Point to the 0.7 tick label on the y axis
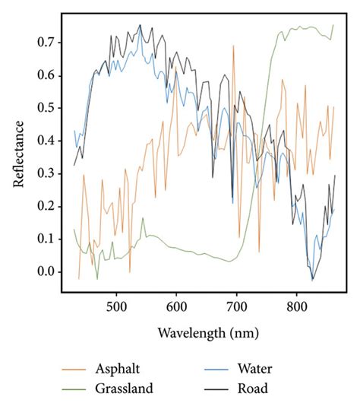(45, 43)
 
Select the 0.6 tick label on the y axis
(45, 75)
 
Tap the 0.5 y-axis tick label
(45, 108)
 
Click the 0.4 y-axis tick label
(45, 141)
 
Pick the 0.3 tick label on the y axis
(45, 173)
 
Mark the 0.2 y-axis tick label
(45, 206)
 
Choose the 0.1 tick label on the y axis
(45, 239)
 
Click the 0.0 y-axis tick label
(45, 271)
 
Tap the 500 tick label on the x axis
(116, 306)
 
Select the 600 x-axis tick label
(176, 306)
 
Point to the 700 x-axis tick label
(236, 306)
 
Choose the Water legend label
(257, 370)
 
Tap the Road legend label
(254, 389)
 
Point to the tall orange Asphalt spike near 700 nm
(233, 47)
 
